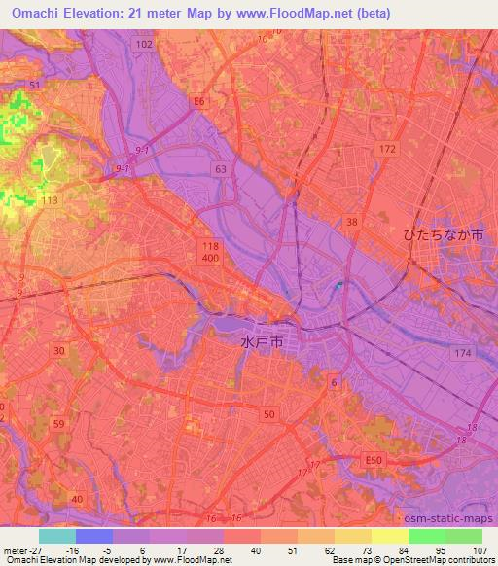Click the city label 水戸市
[262, 342]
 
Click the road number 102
[146, 45]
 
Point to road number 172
[389, 148]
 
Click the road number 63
[222, 169]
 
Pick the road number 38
[351, 222]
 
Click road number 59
[58, 424]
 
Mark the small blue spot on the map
[338, 286]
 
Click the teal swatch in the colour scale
[57, 536]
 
